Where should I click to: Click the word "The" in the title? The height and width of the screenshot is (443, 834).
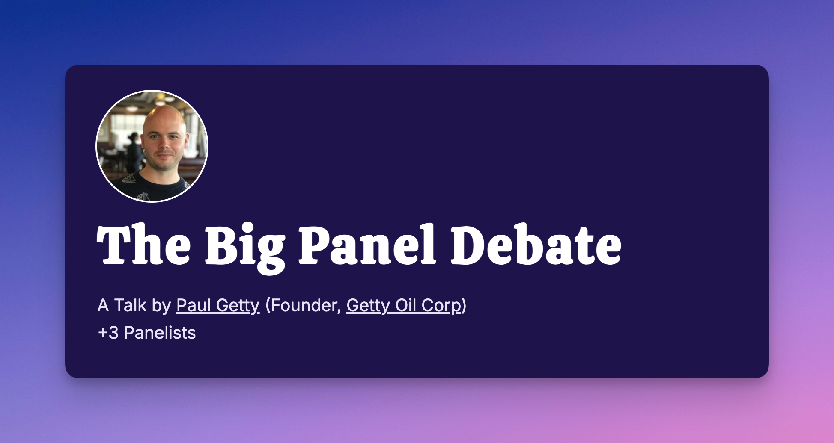(x=144, y=245)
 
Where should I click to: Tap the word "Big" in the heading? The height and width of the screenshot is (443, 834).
(x=245, y=248)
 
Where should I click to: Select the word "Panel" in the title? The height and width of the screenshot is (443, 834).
(x=367, y=245)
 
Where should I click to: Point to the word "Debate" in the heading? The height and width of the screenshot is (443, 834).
(x=536, y=245)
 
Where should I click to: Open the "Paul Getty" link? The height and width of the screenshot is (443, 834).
(x=218, y=306)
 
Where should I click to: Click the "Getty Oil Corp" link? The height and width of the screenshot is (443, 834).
(x=404, y=306)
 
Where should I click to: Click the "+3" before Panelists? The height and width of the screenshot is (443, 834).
(x=108, y=333)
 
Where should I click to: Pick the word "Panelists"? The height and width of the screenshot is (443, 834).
(x=160, y=333)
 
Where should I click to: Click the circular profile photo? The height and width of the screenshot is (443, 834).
(x=152, y=146)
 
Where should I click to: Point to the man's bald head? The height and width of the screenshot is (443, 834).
(x=164, y=118)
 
